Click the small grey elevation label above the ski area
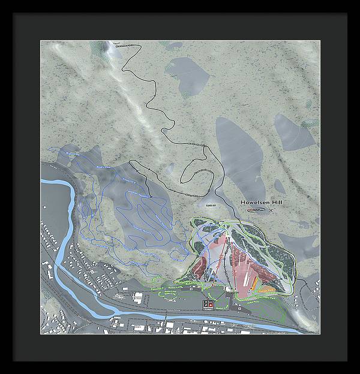(x=209, y=206)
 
